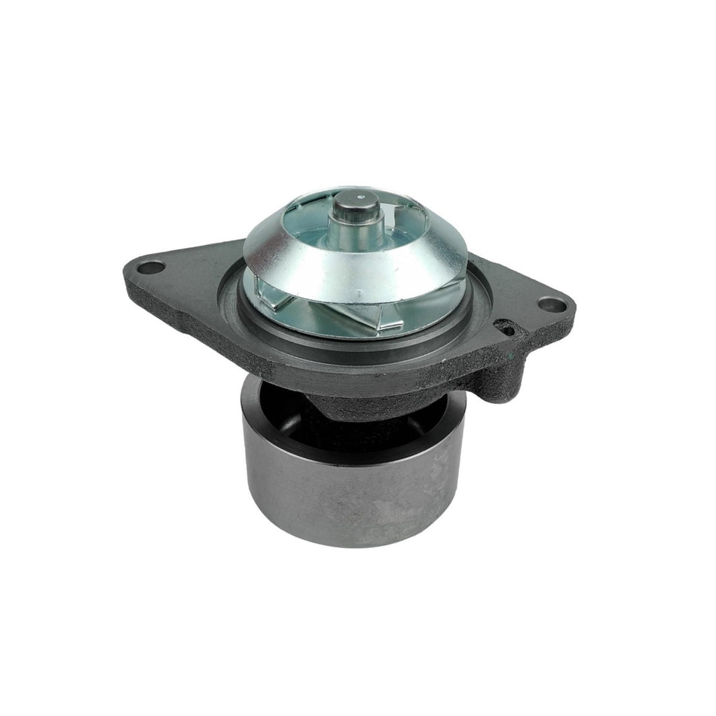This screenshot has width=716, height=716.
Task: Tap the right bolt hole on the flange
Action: pos(554,304)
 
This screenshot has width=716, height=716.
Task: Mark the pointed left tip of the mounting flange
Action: pos(124,283)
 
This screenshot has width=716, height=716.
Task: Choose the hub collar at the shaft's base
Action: pos(360,237)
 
